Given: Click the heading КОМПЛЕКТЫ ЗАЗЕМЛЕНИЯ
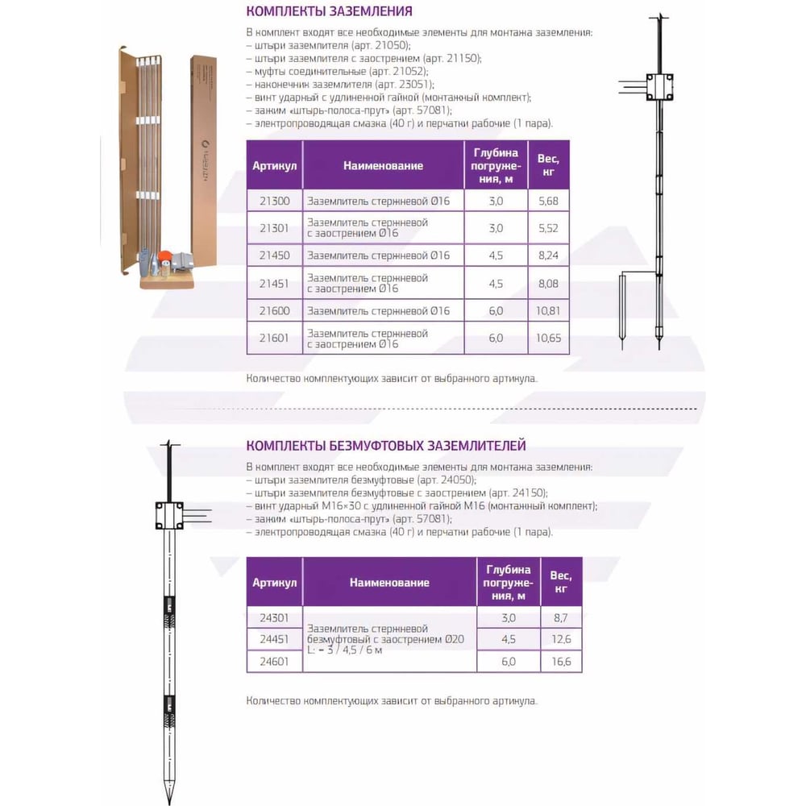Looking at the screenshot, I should click(x=329, y=12).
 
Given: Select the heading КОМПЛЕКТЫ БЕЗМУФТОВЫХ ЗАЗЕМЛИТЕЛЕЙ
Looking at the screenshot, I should click(x=386, y=445).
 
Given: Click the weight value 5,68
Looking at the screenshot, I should click(x=547, y=200).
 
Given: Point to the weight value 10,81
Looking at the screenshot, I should click(x=548, y=310).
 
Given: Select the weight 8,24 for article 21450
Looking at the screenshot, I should click(x=547, y=256).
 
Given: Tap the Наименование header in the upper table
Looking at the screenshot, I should click(x=383, y=166).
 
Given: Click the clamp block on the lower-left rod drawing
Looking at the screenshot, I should click(x=168, y=514).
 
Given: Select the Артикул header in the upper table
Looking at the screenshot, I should click(x=275, y=166).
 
